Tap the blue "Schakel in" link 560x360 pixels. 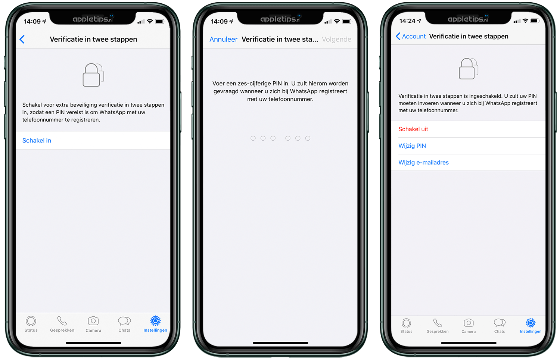(37, 141)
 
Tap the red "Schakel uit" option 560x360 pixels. (413, 129)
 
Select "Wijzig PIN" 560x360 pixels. (412, 145)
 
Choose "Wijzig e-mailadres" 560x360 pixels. (423, 162)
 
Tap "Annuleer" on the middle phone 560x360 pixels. (224, 39)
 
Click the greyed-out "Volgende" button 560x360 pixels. (336, 39)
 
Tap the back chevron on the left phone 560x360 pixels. (22, 39)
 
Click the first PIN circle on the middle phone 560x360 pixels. (253, 138)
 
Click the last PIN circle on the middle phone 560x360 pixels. (308, 138)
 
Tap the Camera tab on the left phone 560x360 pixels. (93, 324)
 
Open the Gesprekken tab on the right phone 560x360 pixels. (438, 326)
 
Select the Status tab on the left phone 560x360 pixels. (31, 324)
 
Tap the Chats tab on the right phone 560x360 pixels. (500, 326)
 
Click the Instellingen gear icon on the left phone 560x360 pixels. (155, 321)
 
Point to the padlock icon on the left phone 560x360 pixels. (93, 75)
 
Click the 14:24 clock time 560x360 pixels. (407, 21)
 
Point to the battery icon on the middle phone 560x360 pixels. (347, 22)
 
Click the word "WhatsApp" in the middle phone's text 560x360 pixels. (304, 91)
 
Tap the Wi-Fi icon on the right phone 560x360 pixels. (526, 21)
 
